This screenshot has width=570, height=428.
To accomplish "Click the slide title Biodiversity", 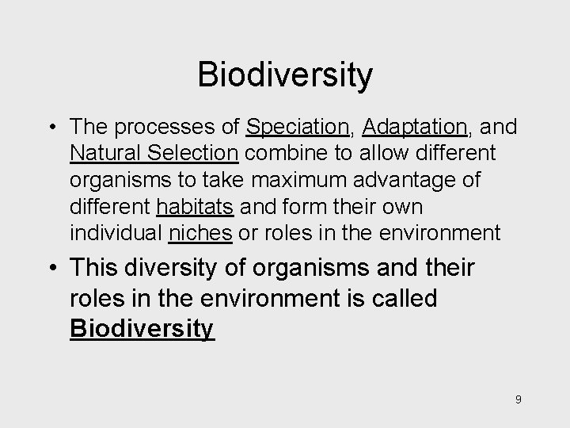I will [x=284, y=75].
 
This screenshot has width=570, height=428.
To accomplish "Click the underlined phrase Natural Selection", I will [x=154, y=154].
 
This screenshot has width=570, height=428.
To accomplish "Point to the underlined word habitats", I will [x=195, y=207].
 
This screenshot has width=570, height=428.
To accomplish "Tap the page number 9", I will [x=518, y=399].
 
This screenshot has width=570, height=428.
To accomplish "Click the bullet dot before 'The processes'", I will [x=51, y=128].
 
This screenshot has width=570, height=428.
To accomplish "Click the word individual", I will [x=116, y=234].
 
